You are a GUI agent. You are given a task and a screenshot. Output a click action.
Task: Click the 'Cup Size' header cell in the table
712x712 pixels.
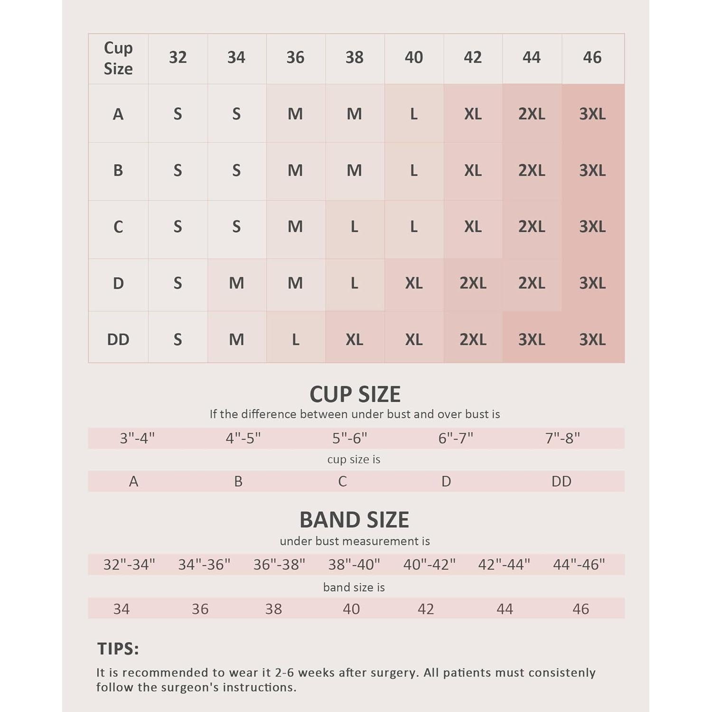[x=118, y=58]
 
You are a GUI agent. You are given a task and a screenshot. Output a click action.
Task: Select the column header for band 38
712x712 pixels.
[x=355, y=57]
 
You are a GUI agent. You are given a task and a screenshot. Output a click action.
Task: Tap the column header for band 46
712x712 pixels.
[x=592, y=57]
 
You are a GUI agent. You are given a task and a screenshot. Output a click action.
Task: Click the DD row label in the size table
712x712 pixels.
[x=118, y=339]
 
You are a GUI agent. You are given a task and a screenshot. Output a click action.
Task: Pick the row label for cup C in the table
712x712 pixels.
[x=118, y=227]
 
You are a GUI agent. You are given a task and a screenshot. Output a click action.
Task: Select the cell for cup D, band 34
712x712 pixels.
[x=236, y=283]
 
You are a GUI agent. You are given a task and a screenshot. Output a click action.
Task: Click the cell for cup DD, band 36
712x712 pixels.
[x=295, y=339]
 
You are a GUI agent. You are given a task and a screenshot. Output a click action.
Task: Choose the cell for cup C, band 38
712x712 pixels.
[x=355, y=227]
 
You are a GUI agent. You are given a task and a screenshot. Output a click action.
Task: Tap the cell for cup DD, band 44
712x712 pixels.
[x=532, y=339]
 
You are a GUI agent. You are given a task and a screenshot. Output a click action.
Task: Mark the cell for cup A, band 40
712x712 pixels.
[x=414, y=114]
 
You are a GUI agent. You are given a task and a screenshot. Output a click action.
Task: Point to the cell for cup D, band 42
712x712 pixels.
[x=473, y=283]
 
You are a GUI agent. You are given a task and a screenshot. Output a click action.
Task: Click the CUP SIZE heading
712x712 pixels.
[x=355, y=394]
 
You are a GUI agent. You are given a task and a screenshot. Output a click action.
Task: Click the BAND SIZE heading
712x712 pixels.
[x=354, y=520]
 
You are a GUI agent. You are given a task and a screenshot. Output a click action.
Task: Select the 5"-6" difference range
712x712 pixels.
[x=350, y=438]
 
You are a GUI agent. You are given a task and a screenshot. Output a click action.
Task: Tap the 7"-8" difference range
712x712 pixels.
[x=562, y=438]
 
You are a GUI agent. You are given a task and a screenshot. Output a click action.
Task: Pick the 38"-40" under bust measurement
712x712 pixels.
[x=354, y=564]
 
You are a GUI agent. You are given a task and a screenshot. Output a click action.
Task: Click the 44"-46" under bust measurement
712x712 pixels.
[x=579, y=564]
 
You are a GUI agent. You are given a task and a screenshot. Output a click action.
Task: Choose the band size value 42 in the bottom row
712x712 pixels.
[x=426, y=609]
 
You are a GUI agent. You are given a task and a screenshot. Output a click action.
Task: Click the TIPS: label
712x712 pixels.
[x=118, y=649]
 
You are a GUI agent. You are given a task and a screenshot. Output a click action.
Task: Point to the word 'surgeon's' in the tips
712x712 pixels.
[x=188, y=687]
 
